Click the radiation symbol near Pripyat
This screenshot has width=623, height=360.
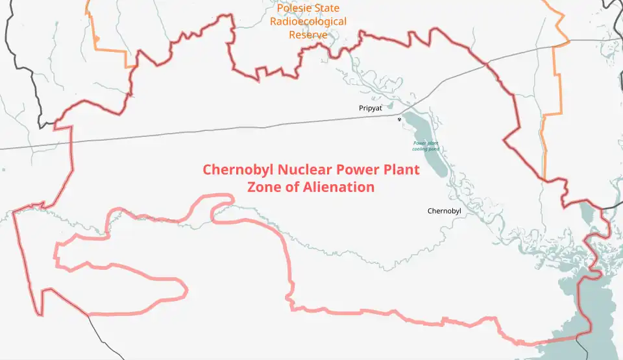[399, 119]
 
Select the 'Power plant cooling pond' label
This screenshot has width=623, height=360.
[426, 146]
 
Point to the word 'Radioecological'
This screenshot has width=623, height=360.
[308, 21]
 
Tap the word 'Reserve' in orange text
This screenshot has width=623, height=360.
[308, 34]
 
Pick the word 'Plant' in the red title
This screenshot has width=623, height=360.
[400, 170]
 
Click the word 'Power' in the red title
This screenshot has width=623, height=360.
[356, 170]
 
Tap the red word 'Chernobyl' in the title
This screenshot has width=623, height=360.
[238, 170]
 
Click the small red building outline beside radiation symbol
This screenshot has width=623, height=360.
[404, 125]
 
